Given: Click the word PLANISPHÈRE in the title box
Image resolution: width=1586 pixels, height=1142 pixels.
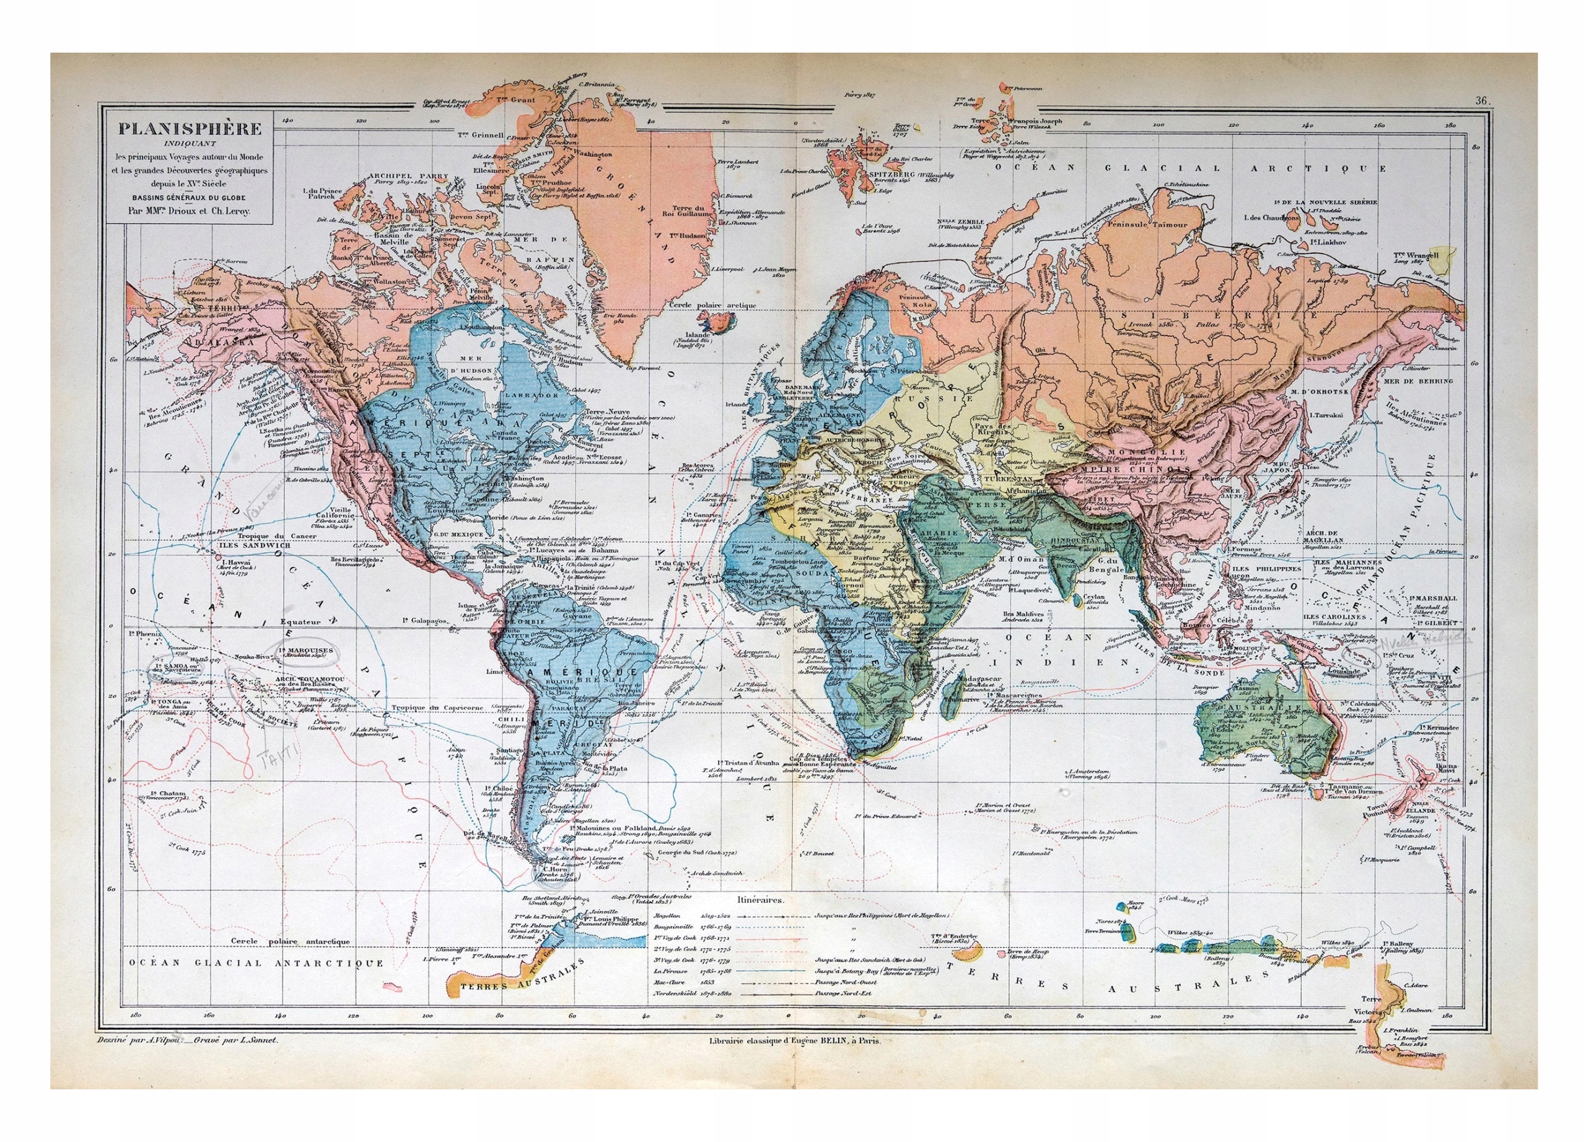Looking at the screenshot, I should coord(190,130).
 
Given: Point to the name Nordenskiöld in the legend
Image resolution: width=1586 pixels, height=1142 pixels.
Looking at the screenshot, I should coord(674,994).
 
